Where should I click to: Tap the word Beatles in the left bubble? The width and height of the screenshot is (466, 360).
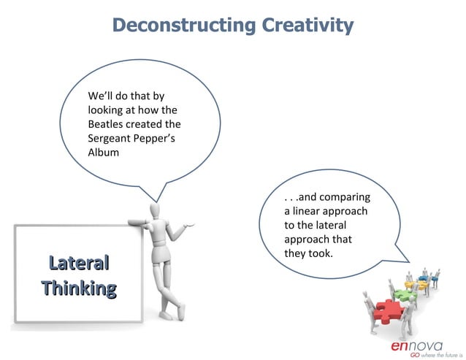[x=107, y=124]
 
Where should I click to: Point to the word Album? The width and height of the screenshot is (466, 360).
[x=103, y=153]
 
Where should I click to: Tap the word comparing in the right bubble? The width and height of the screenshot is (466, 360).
[x=346, y=197]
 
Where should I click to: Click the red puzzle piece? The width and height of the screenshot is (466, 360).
[x=385, y=313]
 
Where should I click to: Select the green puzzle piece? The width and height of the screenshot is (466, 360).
[x=405, y=295]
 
